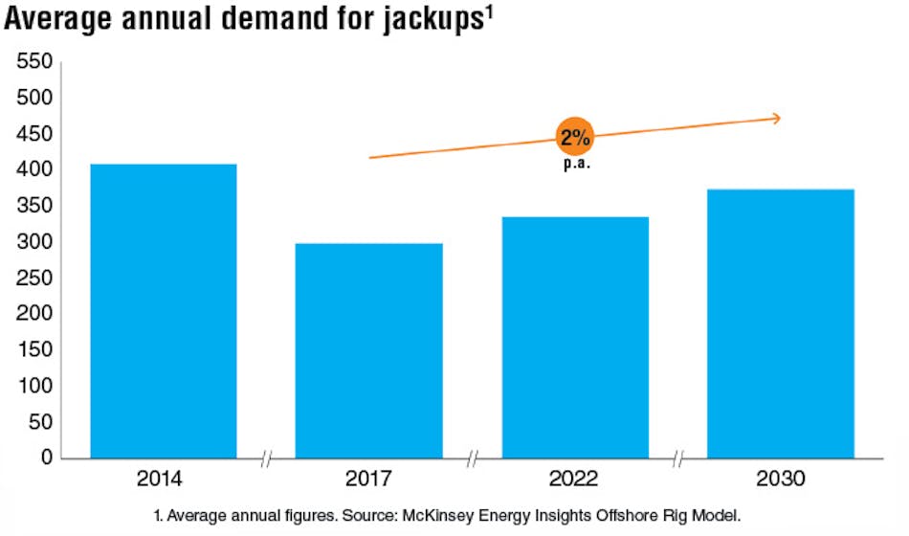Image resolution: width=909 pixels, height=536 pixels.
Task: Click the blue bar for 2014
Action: point(163,311)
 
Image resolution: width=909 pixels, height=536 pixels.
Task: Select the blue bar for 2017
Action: point(368,350)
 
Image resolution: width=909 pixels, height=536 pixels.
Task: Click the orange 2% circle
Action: point(574,138)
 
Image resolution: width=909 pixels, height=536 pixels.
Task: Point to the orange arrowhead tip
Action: point(781,118)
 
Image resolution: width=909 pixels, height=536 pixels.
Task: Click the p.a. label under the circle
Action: point(574,164)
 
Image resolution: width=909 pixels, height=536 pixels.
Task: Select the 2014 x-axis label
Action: point(163,480)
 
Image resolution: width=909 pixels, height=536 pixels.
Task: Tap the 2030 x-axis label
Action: point(781,480)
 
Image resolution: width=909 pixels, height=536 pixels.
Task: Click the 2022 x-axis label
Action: point(575,480)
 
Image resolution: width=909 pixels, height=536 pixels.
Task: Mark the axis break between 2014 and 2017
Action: point(266,459)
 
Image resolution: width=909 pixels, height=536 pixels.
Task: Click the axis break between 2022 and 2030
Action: point(678,459)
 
